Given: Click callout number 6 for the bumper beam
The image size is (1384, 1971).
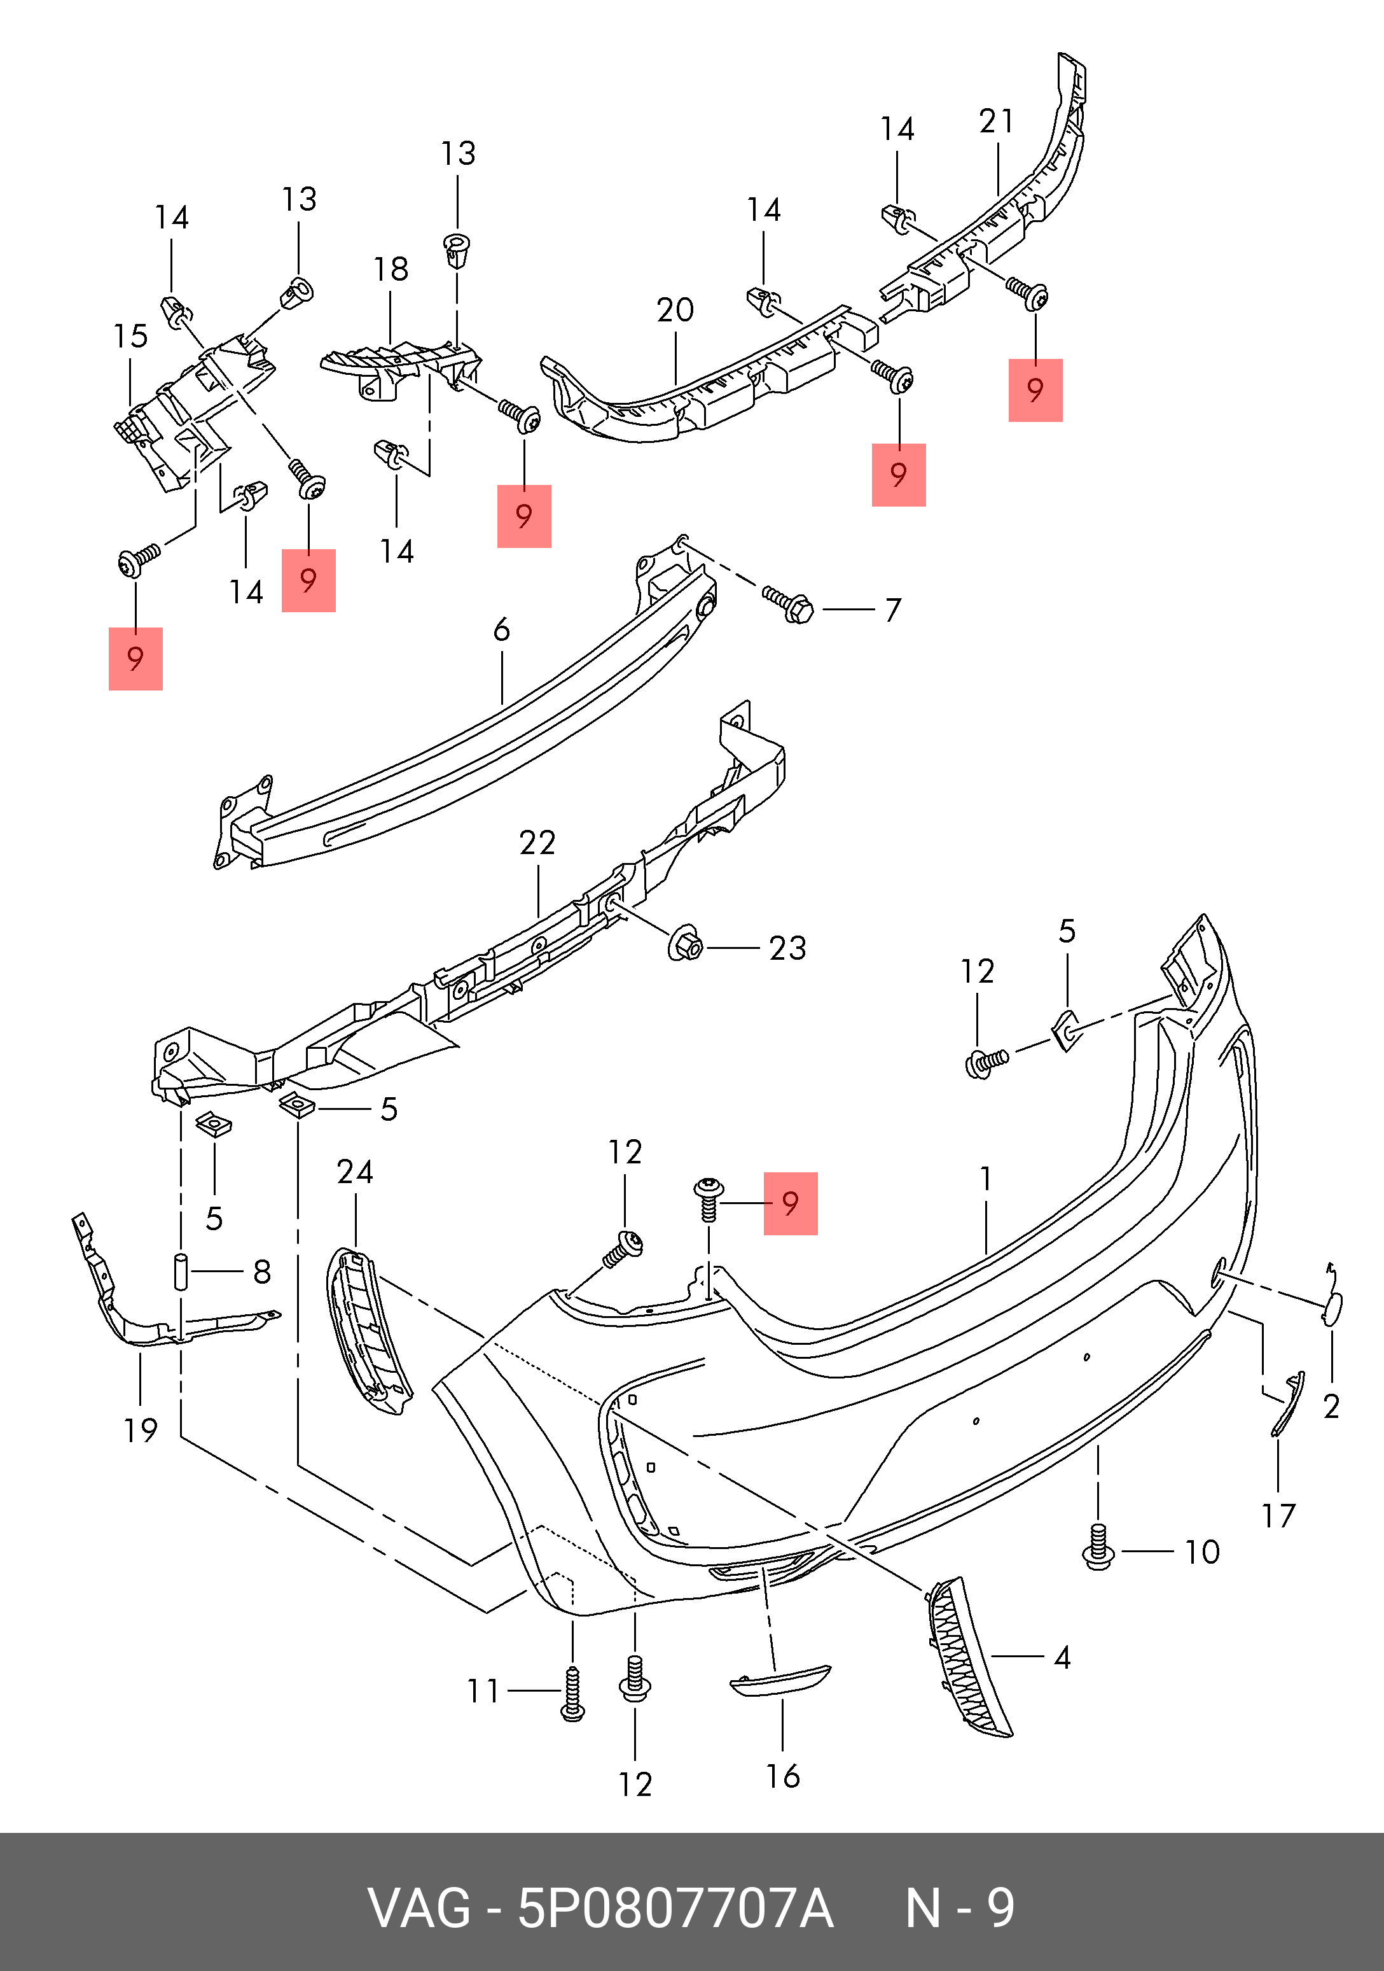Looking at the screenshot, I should coord(502,630).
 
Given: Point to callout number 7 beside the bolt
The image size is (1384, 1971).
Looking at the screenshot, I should coord(893,610).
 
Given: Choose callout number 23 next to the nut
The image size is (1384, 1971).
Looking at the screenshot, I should coord(787,948).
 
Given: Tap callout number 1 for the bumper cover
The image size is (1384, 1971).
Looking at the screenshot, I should coord(986,1179).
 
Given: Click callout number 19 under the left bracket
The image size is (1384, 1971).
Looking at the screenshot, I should coord(141,1430).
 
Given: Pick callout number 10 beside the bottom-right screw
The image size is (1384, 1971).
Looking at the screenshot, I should coord(1201,1552).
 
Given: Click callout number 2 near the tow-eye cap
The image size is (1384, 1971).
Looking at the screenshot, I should coord(1331,1406).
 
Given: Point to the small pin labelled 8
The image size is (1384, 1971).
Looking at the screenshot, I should coord(181,1272).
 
